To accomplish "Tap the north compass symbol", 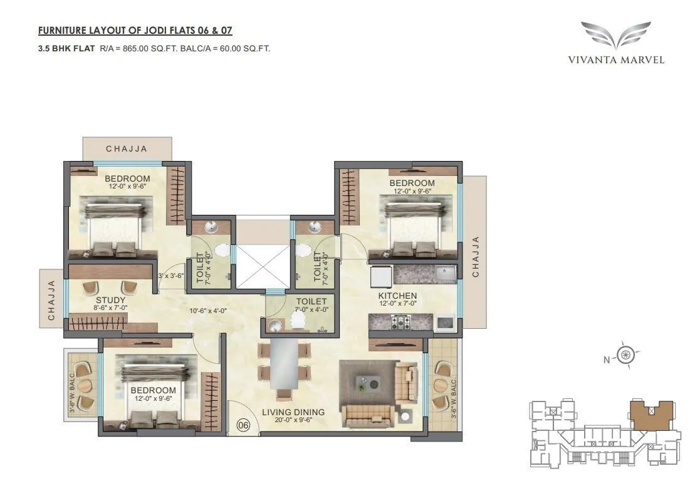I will pos(626,356).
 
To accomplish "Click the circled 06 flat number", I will pos(243,425).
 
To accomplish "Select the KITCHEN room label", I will pos(397,296).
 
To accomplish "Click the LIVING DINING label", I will pos(293,412).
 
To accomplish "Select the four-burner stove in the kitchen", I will pos(400,323).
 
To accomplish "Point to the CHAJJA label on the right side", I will pos(475,256).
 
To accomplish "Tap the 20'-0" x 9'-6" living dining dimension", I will pos(293,421).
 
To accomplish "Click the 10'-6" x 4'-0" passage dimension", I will pos(209,311).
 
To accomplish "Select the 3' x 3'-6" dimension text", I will pos(171,276).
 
